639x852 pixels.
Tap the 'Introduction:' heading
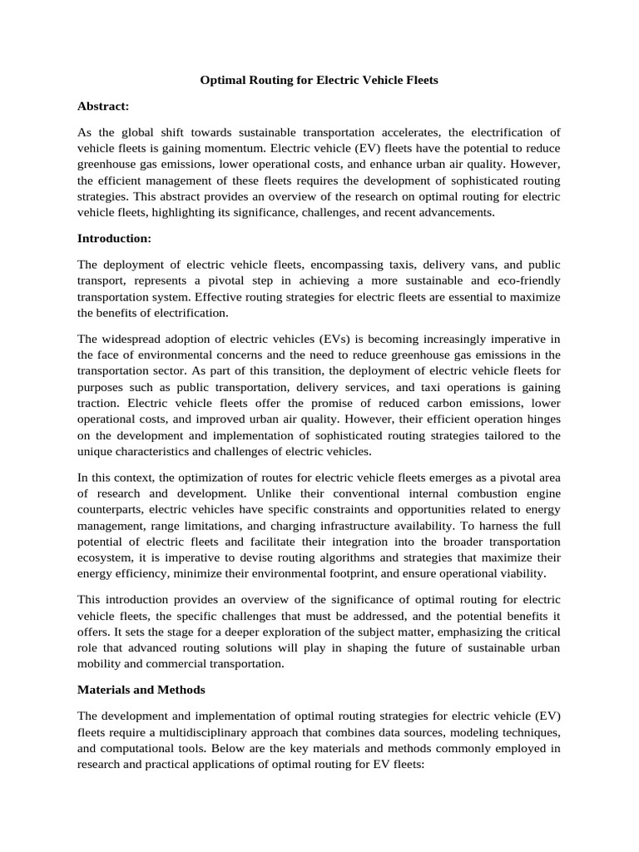click(114, 238)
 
